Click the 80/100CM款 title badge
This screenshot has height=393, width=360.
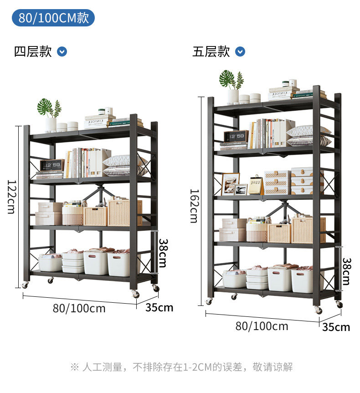(53, 18)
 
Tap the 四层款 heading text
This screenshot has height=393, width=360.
(33, 52)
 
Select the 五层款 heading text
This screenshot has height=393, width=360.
(211, 52)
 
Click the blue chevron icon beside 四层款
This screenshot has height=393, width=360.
(62, 52)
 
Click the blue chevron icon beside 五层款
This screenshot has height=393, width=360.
(240, 52)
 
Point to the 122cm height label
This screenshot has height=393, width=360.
(12, 196)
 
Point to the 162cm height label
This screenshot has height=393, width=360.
(194, 206)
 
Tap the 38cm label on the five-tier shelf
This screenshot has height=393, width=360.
(346, 271)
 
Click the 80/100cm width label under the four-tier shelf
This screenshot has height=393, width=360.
(79, 308)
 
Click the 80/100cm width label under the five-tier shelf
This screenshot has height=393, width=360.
(262, 326)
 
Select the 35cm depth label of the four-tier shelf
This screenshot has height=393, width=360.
(159, 308)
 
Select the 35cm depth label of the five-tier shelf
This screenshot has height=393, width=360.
(336, 327)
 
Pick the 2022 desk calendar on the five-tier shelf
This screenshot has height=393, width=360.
(255, 185)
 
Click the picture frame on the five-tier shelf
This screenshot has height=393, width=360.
(230, 184)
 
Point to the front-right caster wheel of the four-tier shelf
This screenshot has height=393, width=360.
(135, 294)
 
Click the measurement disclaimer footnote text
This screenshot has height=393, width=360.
(181, 367)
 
